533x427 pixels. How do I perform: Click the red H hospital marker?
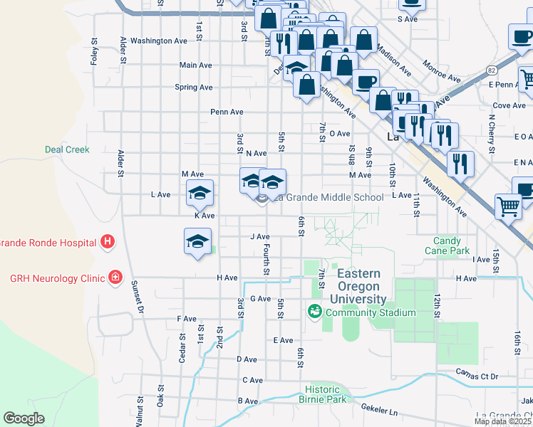click(x=108, y=243)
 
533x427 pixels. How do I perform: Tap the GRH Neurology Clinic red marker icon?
click(x=114, y=278)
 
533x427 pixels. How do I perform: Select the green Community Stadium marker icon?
click(x=314, y=312)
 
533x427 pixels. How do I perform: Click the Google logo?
click(x=24, y=418)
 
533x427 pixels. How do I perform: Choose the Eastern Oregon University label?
click(x=361, y=286)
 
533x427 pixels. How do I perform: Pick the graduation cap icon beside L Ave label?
click(x=200, y=192)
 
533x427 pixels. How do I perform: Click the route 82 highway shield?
click(x=492, y=69)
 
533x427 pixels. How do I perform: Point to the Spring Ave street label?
click(x=194, y=88)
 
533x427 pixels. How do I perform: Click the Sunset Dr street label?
click(x=136, y=297)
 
